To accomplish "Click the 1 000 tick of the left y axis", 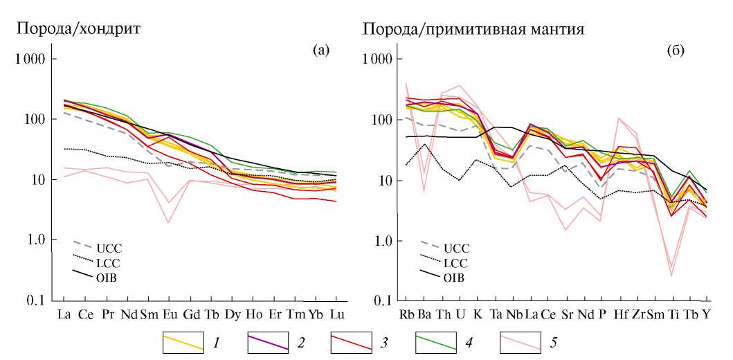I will coord(30,60).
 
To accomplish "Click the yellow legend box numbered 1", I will coord(183,342).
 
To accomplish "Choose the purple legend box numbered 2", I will coord(268,342).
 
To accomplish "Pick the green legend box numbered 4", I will coord(437,342).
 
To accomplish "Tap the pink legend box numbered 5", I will coord(521,342).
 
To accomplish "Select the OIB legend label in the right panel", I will coord(454,278).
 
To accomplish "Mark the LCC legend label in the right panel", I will coord(454,262).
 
